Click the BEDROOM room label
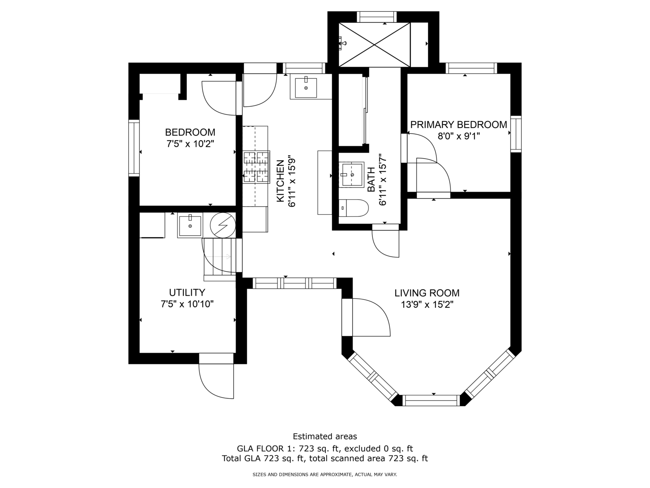tap(190, 133)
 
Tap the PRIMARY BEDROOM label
tap(459, 125)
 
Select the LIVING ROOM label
tap(427, 293)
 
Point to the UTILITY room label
tap(187, 292)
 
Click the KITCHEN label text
tap(280, 181)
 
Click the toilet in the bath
tap(353, 208)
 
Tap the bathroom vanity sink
tap(352, 174)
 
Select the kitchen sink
tap(305, 88)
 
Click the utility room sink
tap(190, 226)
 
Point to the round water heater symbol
tap(223, 225)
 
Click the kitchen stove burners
tap(256, 166)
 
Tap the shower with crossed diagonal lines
tap(374, 44)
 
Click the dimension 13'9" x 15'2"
tap(427, 305)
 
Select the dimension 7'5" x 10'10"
tap(187, 304)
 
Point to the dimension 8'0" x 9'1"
tap(459, 136)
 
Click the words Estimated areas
tap(325, 436)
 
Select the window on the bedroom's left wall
tap(134, 148)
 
